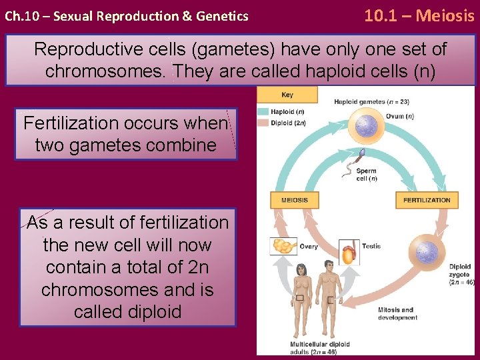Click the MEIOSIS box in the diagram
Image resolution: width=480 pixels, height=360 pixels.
tap(295, 200)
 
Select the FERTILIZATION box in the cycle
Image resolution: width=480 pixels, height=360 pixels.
tap(427, 200)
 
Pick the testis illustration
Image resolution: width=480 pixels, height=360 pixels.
tap(349, 252)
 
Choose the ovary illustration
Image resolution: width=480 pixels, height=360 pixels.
tap(283, 247)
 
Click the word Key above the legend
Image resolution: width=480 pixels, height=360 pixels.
tap(287, 95)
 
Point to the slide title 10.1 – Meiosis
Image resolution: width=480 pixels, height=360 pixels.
tap(419, 15)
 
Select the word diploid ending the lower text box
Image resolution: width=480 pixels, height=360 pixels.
tap(127, 312)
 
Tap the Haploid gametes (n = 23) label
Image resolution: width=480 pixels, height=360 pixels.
tap(371, 102)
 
